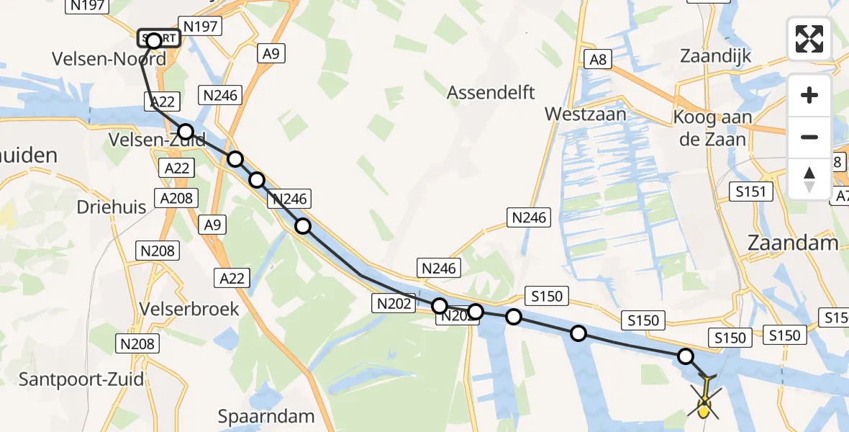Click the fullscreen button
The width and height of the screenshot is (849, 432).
coord(809,38)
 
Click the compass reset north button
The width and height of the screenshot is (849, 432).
coord(809,178)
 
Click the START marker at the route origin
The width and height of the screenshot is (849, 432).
coord(158,38)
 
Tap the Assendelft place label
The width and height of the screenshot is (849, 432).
coord(491,92)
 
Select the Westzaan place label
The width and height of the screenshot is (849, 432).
coord(585,114)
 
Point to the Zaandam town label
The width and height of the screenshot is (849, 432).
coord(793,243)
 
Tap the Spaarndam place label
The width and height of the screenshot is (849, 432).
coord(267,416)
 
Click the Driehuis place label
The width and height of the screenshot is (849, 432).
coord(112,207)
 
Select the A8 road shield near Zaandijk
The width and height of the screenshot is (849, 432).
coord(597,60)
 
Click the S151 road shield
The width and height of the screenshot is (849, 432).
coord(750,192)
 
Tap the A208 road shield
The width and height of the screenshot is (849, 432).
coord(176,197)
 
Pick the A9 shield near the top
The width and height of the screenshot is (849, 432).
coord(270,54)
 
